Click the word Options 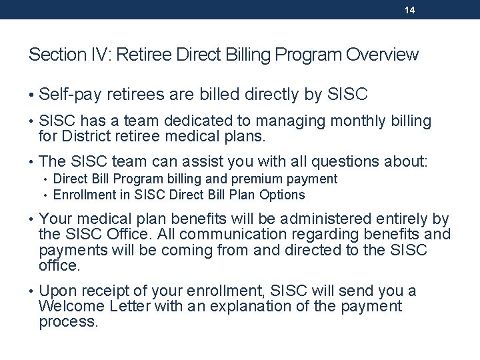[283, 195]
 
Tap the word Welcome [68, 306]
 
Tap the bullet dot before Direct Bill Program [45, 179]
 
